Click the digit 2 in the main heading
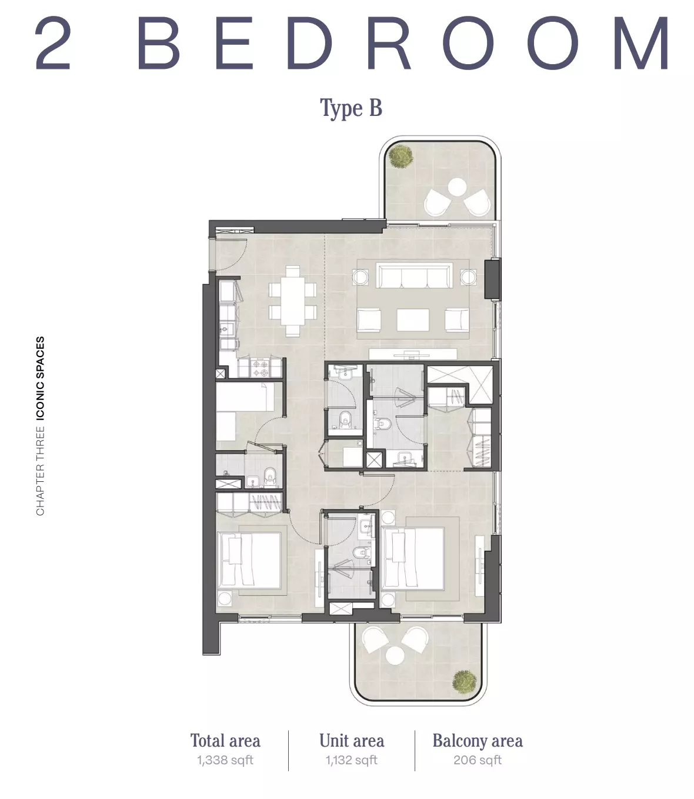(x=53, y=44)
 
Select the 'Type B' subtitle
(x=351, y=108)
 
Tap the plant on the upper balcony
(x=401, y=156)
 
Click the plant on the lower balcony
(x=465, y=682)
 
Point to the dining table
(x=293, y=301)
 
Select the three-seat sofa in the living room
(x=414, y=276)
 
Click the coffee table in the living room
(x=413, y=320)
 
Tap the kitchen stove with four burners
(x=259, y=368)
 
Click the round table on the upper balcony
(x=458, y=187)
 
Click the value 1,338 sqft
(x=225, y=760)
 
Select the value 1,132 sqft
(x=351, y=760)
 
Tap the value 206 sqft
(x=478, y=760)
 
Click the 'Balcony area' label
(x=478, y=741)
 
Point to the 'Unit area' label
(x=352, y=741)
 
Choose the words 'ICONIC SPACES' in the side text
(x=40, y=378)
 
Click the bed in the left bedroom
(x=249, y=560)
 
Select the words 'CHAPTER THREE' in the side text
(x=40, y=471)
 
